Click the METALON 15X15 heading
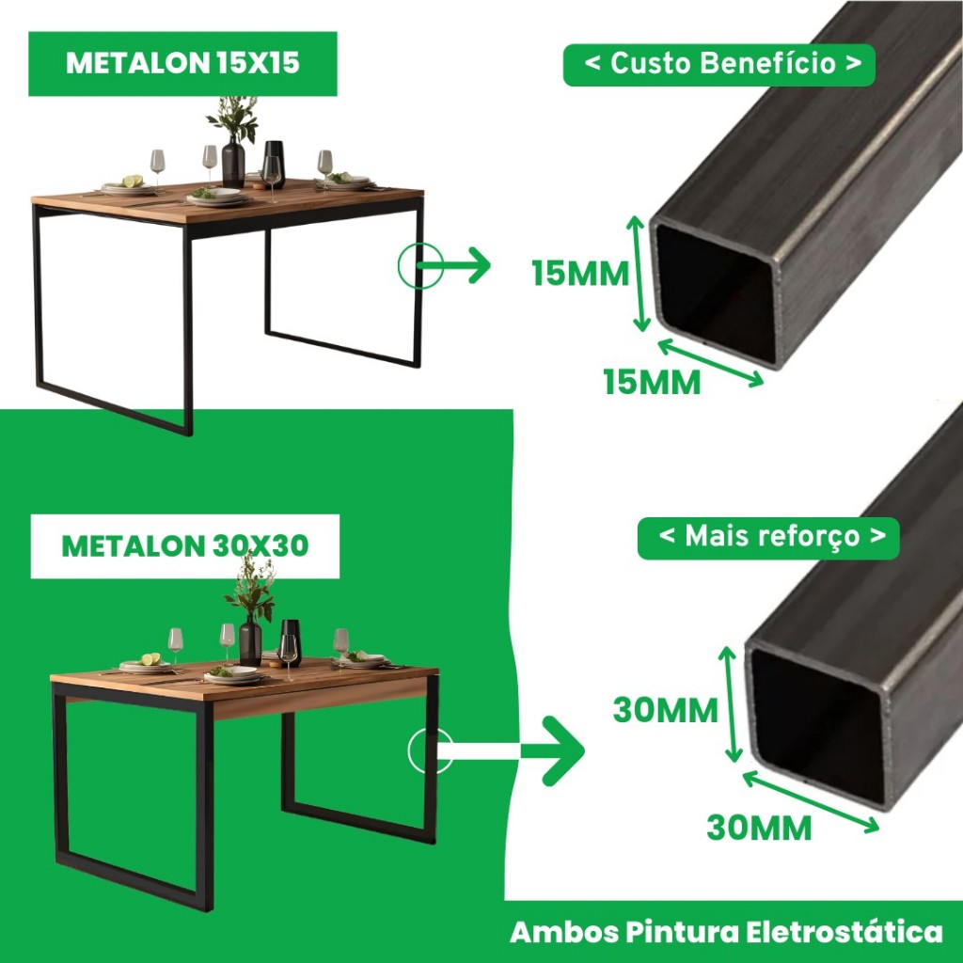(182, 63)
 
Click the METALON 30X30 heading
(185, 545)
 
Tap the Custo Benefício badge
(718, 65)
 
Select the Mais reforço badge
(768, 538)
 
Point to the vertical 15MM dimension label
(580, 274)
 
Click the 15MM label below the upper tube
(652, 383)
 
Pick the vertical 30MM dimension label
(665, 711)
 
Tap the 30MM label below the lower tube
(759, 828)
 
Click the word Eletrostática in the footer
(845, 932)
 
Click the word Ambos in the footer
(564, 932)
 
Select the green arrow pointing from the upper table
(453, 266)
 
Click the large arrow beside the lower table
(510, 750)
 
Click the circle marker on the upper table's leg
(420, 266)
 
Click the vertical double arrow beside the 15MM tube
(639, 274)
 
